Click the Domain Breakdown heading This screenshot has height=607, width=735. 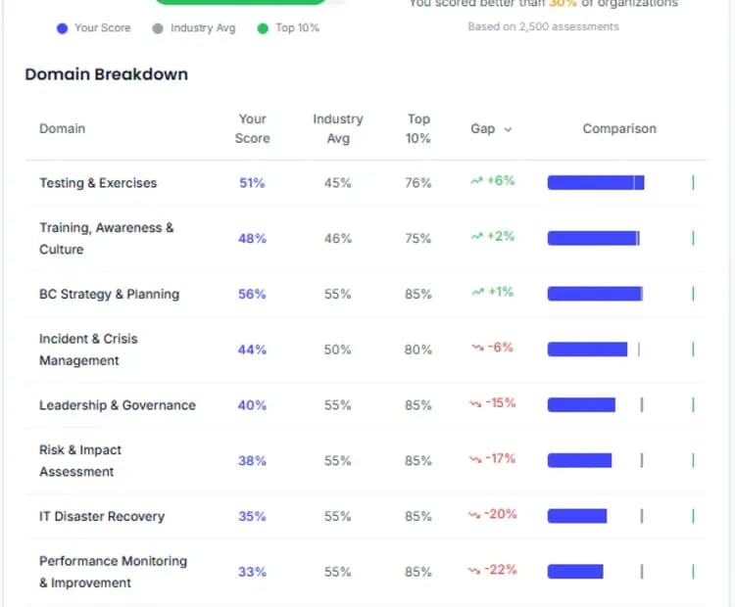(106, 74)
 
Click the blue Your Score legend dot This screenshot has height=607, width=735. (62, 28)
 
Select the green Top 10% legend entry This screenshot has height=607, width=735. (288, 28)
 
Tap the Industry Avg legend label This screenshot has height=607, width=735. (203, 28)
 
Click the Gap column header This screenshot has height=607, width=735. (490, 128)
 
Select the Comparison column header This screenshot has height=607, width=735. (619, 128)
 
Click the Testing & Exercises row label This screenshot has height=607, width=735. (98, 183)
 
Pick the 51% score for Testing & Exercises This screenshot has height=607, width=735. (252, 183)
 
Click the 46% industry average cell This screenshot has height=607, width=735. (337, 239)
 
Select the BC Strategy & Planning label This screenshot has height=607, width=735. (109, 294)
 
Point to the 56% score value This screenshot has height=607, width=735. (252, 294)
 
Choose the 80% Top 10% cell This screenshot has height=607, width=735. (418, 350)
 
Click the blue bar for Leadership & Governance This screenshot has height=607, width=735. (581, 405)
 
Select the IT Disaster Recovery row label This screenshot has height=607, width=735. (102, 516)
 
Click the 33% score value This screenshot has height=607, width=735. (252, 572)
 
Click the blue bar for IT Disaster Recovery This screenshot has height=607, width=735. (577, 516)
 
